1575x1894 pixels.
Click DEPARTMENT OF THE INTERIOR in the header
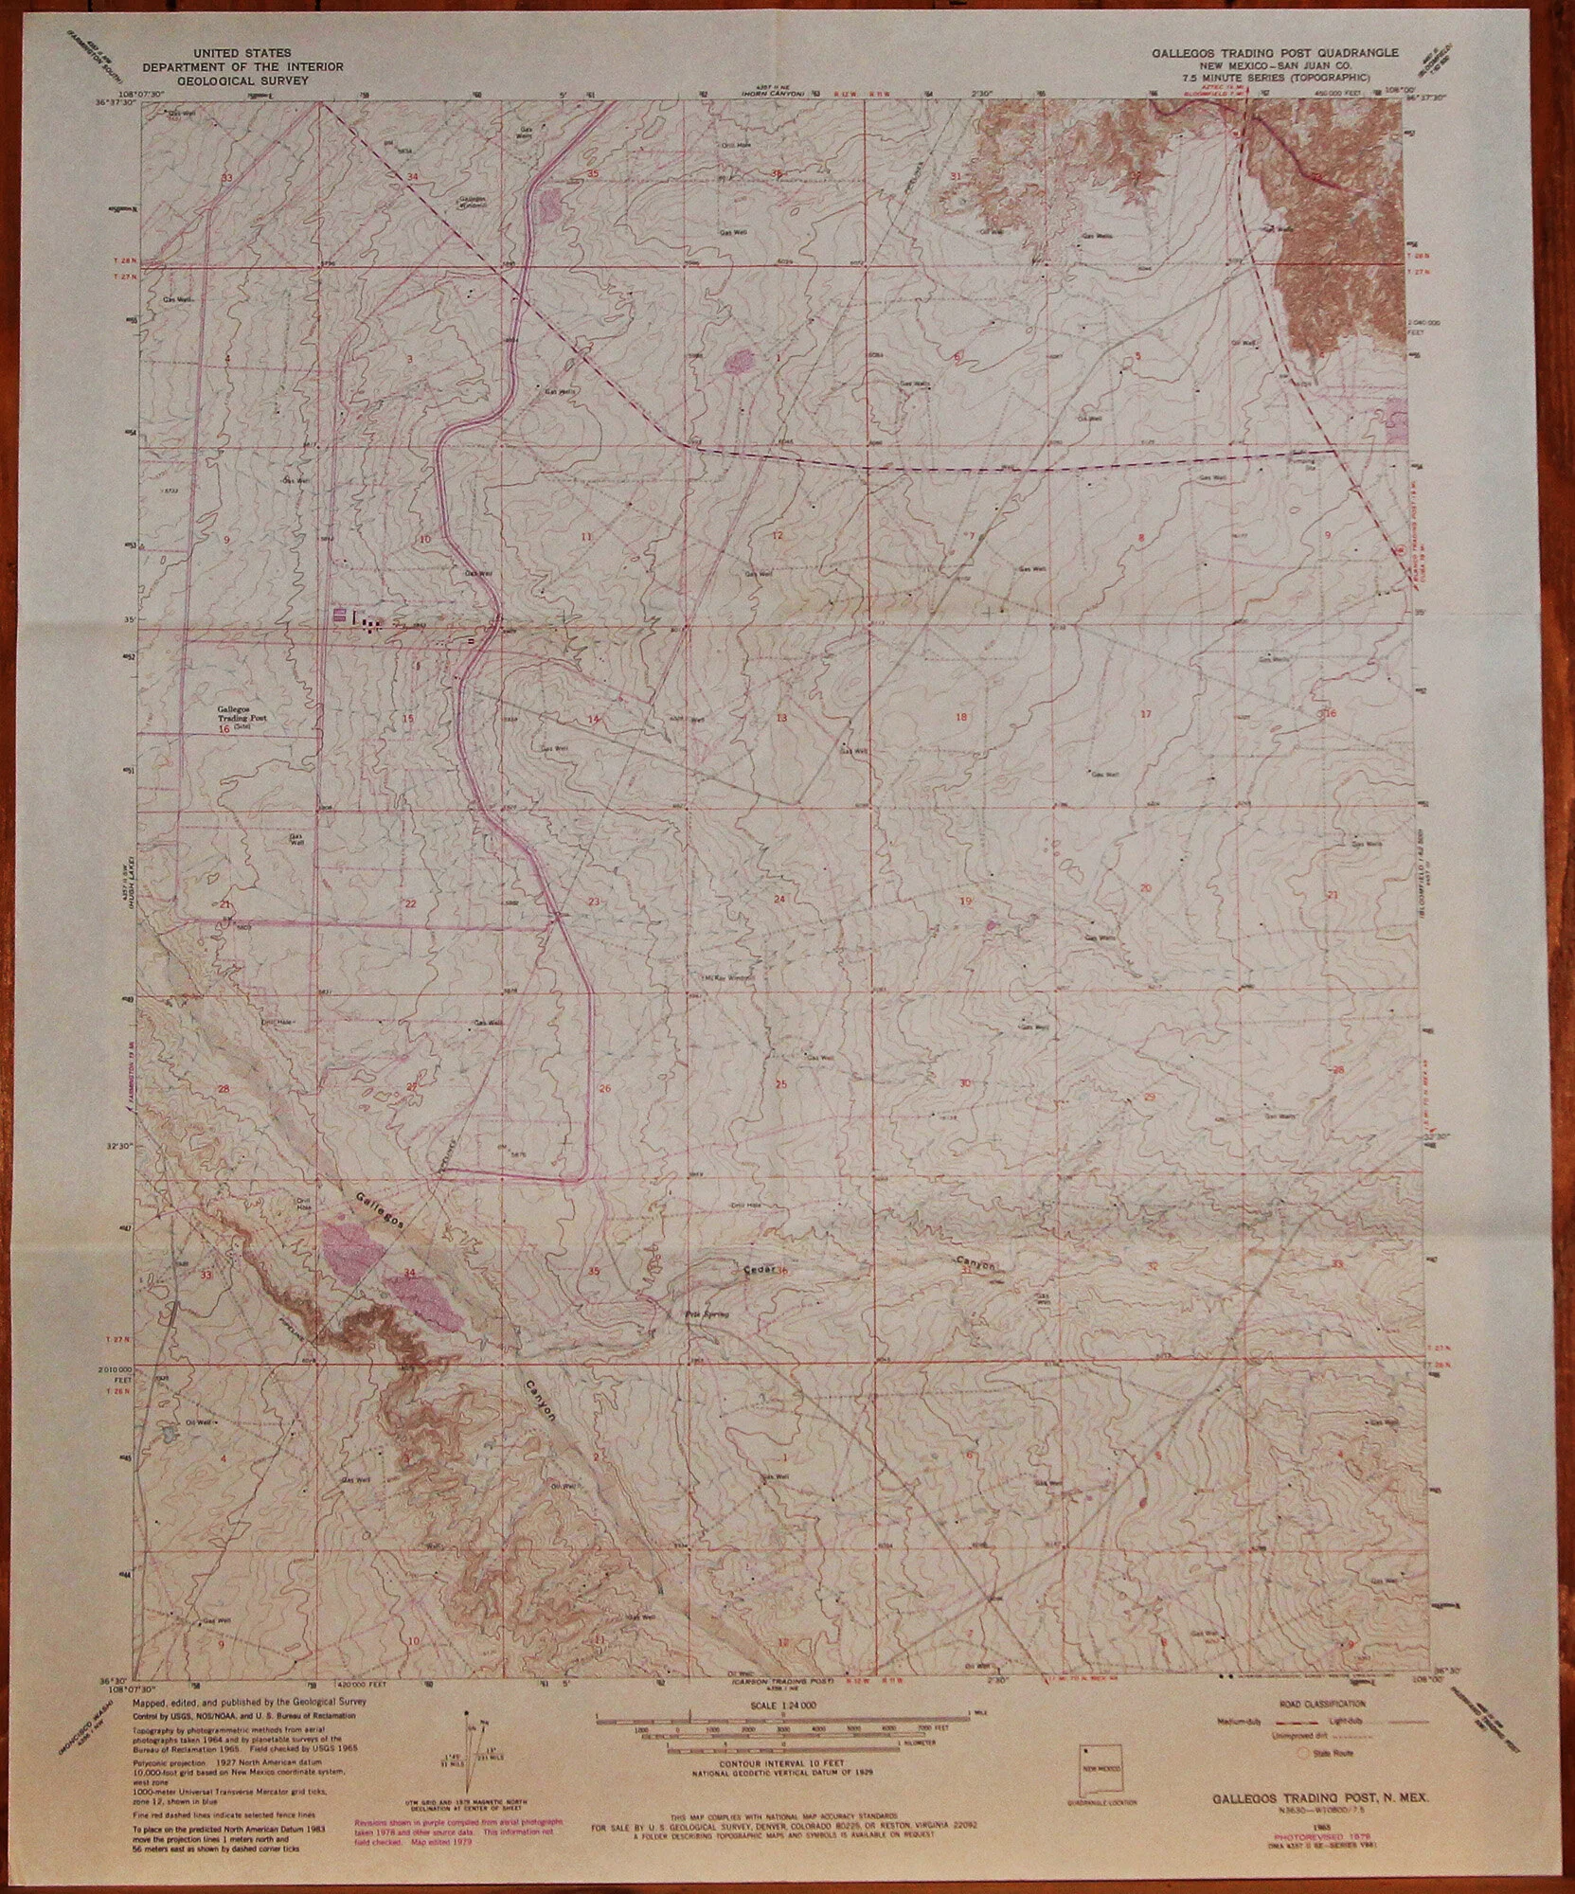click(243, 67)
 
